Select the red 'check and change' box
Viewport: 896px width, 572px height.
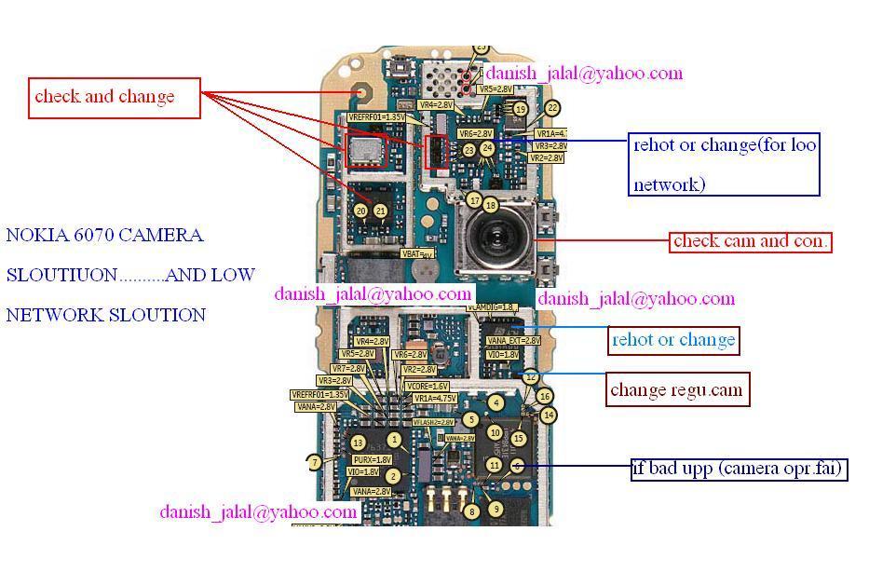(115, 97)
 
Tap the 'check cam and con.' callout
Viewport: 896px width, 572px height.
(750, 241)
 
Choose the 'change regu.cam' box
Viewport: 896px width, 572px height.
(676, 389)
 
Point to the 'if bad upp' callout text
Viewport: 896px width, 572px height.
(739, 468)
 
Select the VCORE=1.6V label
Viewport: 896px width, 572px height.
(428, 386)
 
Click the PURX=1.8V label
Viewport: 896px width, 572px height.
(372, 459)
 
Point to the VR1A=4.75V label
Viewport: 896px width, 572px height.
(434, 398)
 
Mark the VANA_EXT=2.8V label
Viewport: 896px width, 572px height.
(513, 341)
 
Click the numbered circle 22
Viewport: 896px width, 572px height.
(551, 109)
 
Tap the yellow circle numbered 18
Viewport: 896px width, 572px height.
(491, 205)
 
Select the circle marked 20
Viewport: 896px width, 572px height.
(361, 211)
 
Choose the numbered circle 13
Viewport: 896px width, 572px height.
(357, 443)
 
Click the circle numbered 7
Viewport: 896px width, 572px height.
(315, 462)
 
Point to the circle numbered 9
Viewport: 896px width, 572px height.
(496, 509)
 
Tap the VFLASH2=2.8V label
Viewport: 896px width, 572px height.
(433, 422)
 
